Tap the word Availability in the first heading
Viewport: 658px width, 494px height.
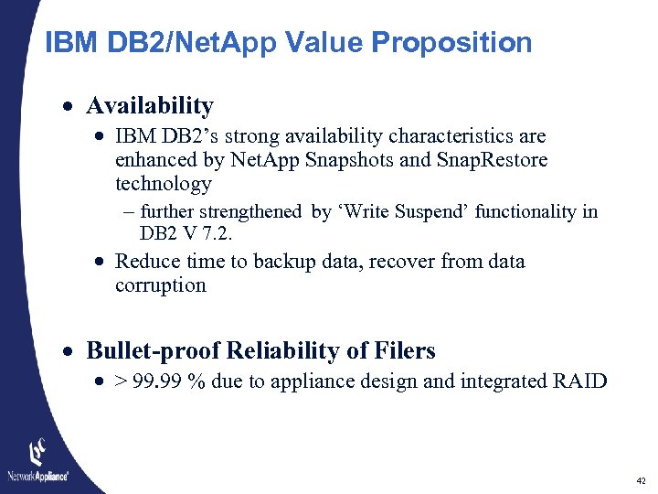[x=150, y=106]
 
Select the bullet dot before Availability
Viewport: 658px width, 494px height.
[x=70, y=107]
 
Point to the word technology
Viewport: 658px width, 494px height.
[x=163, y=184]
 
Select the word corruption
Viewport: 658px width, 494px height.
[x=161, y=285]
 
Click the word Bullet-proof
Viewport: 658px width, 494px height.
[x=153, y=350]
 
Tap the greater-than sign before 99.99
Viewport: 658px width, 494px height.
[x=121, y=381]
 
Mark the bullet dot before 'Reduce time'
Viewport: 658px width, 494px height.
[x=100, y=263]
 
